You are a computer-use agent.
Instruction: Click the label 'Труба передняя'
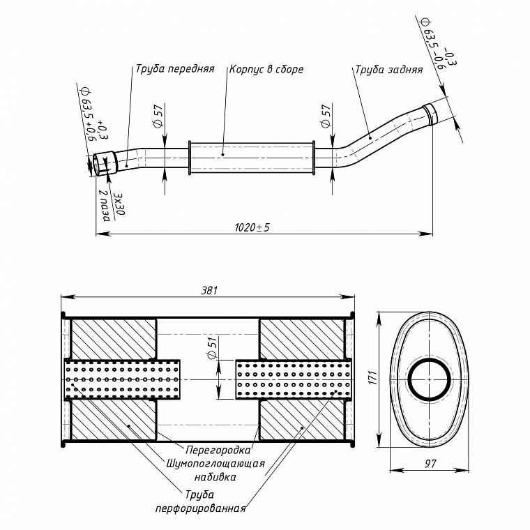(175, 69)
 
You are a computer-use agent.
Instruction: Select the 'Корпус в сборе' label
(266, 69)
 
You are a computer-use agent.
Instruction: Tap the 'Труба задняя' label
(388, 70)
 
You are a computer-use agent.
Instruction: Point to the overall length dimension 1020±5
(252, 227)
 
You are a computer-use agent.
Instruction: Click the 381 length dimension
(209, 290)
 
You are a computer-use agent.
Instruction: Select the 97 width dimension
(430, 464)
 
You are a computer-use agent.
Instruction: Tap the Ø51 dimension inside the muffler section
(212, 348)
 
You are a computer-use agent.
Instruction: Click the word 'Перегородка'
(218, 450)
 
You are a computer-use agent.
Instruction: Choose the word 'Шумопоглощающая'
(215, 463)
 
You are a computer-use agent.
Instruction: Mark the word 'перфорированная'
(200, 508)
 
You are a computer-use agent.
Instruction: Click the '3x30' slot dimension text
(120, 204)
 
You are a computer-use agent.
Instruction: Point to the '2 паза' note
(105, 206)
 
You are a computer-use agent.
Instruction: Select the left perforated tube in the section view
(122, 379)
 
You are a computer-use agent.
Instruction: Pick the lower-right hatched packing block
(301, 420)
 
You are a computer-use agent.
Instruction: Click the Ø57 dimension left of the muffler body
(158, 115)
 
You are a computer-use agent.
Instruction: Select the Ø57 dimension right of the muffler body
(326, 115)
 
